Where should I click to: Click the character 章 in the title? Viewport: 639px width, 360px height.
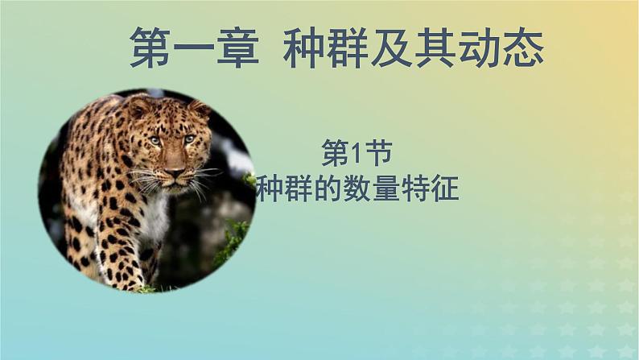tap(238, 48)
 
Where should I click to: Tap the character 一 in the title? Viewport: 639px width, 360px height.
tap(194, 48)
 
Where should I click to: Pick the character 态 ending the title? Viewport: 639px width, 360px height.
tap(523, 48)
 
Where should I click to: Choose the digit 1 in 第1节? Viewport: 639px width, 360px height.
tap(357, 155)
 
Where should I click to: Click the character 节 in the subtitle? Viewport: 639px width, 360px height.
tap(378, 154)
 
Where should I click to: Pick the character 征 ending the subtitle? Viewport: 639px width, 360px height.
tap(445, 188)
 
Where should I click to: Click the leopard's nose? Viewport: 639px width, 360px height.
tap(175, 172)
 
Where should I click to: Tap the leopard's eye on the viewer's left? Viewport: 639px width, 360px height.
tap(155, 141)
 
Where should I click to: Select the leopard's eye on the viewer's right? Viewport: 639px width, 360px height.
tap(189, 139)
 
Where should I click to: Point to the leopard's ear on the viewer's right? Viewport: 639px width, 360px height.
tap(200, 109)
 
